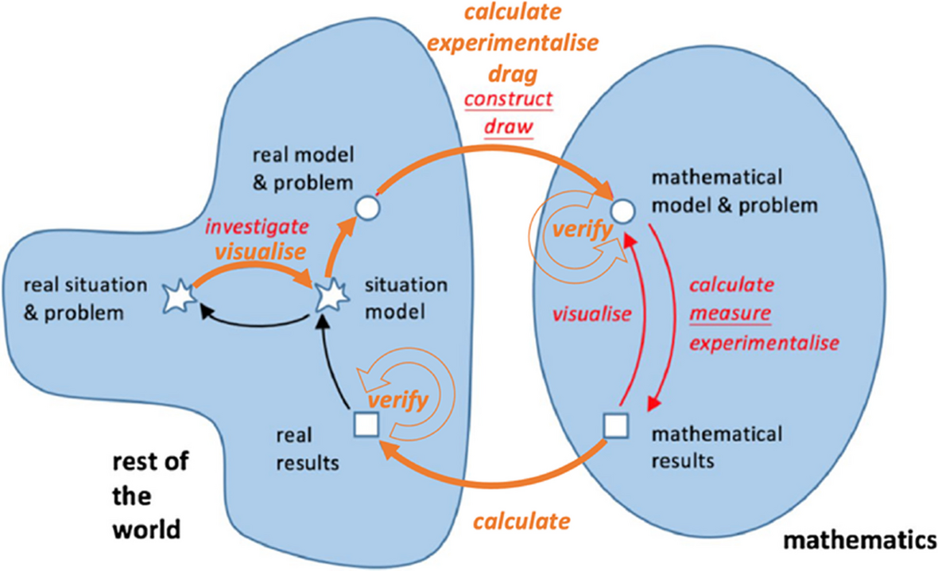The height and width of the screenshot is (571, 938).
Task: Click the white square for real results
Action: click(364, 426)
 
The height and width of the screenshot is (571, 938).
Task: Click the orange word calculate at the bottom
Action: click(521, 522)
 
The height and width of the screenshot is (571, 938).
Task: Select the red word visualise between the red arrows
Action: click(592, 313)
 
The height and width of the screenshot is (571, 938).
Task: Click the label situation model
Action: click(405, 297)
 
